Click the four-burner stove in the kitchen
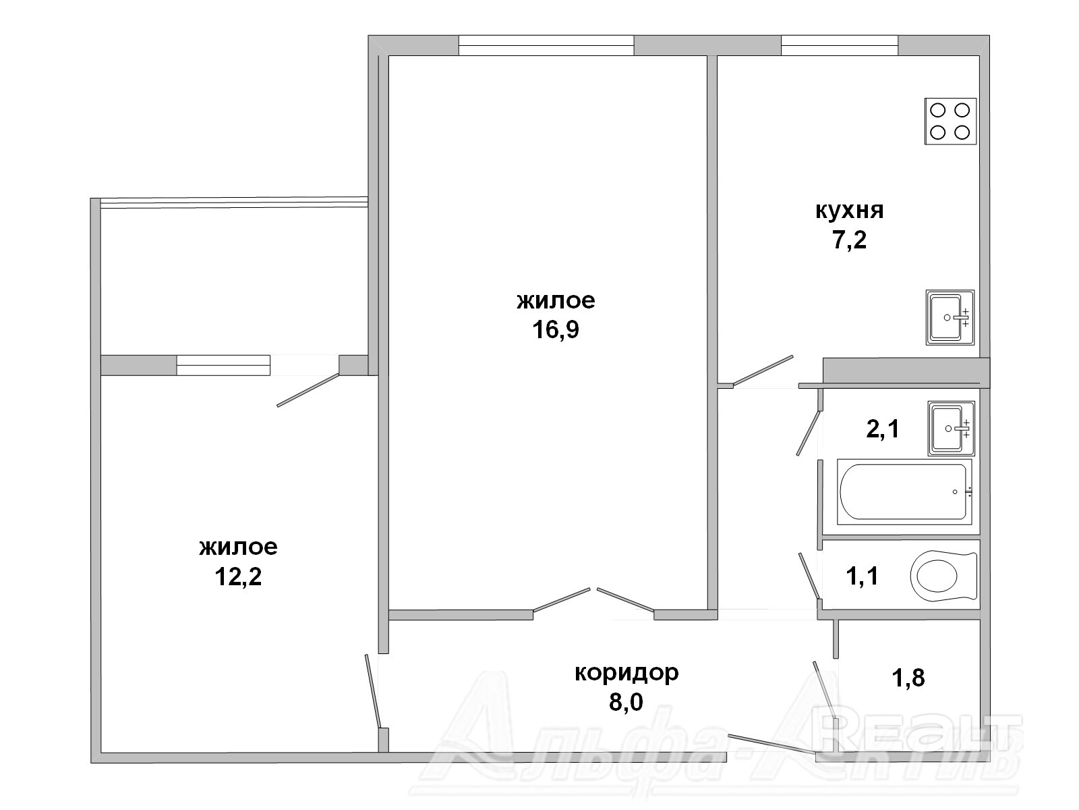[950, 121]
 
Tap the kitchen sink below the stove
[950, 317]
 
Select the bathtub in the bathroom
[904, 492]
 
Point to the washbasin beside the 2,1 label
[951, 429]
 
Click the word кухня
[850, 211]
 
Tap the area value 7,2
[849, 240]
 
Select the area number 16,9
[556, 330]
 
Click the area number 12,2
[238, 576]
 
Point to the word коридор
[626, 673]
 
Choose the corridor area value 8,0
[626, 702]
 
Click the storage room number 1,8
[908, 678]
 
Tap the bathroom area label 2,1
[883, 429]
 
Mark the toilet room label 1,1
[863, 576]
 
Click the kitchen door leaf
[763, 370]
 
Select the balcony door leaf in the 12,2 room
[308, 390]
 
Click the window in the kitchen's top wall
[840, 45]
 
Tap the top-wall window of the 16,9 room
[546, 45]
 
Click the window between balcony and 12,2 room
[223, 365]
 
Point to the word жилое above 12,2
[239, 547]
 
